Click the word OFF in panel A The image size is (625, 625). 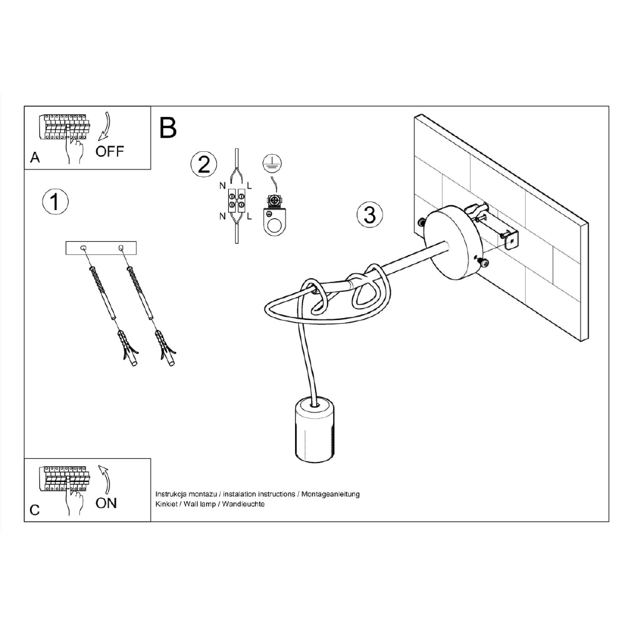point(110,151)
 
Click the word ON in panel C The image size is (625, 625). point(106,503)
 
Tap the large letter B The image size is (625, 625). point(168,127)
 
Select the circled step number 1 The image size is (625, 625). point(55,202)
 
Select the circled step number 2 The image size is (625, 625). point(204,164)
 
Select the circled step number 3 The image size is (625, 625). point(369,214)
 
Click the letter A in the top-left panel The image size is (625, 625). point(35,159)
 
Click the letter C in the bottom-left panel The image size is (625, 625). point(35,510)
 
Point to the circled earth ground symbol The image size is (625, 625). point(272,162)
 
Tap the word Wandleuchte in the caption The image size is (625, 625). point(244,504)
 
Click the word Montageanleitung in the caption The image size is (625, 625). point(331,494)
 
